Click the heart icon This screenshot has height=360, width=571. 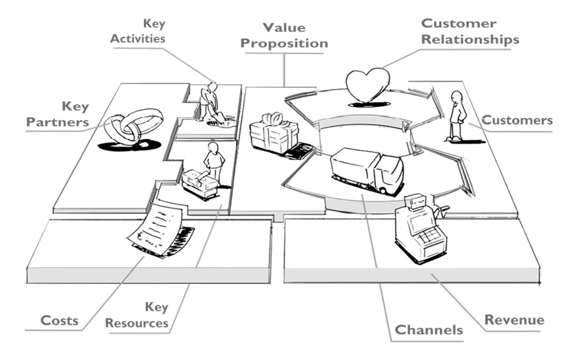point(367,85)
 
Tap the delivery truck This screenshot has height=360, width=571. point(367,170)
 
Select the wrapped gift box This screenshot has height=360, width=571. point(274,133)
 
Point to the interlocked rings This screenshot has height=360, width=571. point(133,125)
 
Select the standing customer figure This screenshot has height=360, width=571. point(456,116)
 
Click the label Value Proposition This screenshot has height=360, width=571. point(284,35)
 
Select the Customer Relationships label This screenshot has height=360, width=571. point(470,31)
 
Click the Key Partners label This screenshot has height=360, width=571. point(57,114)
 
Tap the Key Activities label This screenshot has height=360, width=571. point(138,31)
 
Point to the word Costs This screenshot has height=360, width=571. point(59,320)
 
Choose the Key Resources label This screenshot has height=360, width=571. point(137,315)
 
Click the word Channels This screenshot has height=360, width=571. point(428,330)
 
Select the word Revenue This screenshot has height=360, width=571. point(514,320)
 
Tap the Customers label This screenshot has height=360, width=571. point(517,120)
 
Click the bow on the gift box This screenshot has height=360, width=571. point(272,119)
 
